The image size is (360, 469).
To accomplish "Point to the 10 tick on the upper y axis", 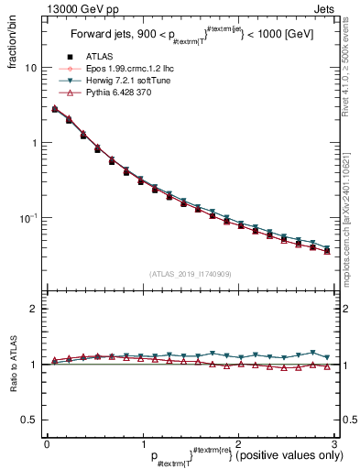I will pos(30,69).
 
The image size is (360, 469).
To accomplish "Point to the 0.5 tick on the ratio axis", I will pos(29,420).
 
